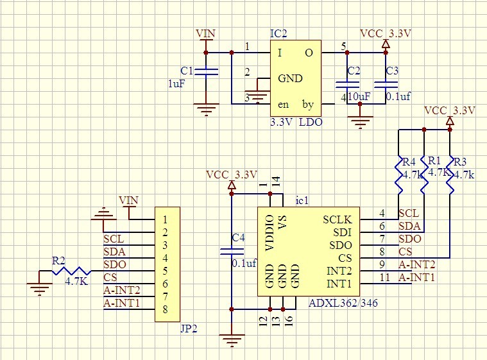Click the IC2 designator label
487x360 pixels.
[x=278, y=33]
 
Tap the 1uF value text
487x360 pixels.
[x=176, y=83]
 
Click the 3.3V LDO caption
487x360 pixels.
[x=296, y=121]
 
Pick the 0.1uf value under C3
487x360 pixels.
[x=397, y=96]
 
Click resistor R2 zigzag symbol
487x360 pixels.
[x=73, y=271]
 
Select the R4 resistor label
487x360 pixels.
[x=409, y=160]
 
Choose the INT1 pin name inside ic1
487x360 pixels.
[x=339, y=284]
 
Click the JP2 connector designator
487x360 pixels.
[x=189, y=329]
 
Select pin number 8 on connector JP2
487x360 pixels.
[x=165, y=309]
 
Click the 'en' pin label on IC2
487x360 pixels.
[x=283, y=104]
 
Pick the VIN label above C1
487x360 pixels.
[x=205, y=33]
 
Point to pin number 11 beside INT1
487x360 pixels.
[x=384, y=277]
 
